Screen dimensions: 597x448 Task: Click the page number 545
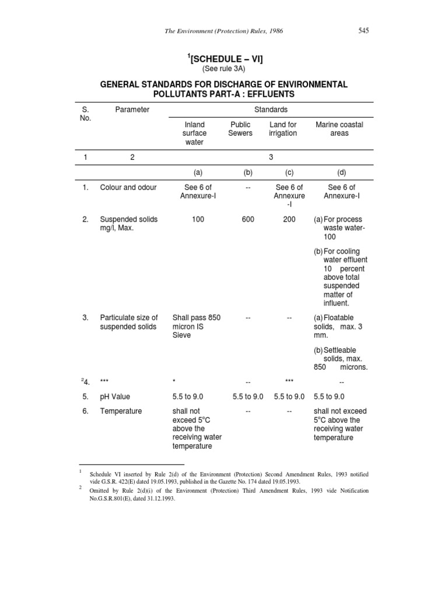363,30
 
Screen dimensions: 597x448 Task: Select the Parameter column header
132,110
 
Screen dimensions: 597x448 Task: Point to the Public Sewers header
240,129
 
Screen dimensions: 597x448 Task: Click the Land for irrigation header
283,129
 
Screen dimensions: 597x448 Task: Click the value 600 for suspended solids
247,219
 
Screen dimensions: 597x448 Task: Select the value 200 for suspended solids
289,219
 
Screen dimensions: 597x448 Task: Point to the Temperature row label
121,411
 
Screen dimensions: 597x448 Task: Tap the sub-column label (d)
341,173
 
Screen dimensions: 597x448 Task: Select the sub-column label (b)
247,173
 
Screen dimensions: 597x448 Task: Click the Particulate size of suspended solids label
128,322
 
